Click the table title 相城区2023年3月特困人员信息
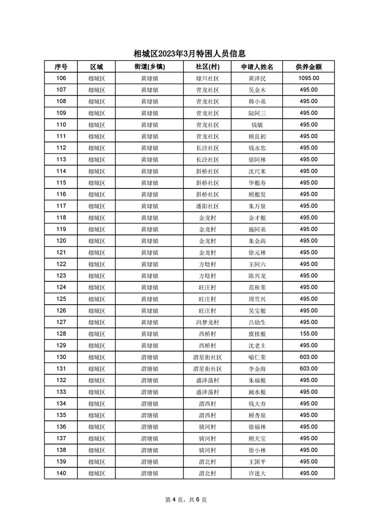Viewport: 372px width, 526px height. pyautogui.click(x=190, y=54)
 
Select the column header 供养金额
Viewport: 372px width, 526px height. pyautogui.click(x=308, y=67)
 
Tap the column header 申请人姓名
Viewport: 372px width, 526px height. pyautogui.click(x=257, y=67)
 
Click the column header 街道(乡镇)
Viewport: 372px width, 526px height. pyautogui.click(x=149, y=67)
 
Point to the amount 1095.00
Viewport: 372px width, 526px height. pyautogui.click(x=308, y=78)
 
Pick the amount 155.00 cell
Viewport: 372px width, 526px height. pyautogui.click(x=308, y=334)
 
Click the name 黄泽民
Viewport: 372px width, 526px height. pyautogui.click(x=257, y=78)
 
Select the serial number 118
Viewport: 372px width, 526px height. pyautogui.click(x=61, y=218)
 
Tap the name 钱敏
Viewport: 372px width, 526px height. pyautogui.click(x=257, y=125)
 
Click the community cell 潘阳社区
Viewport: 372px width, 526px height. pyautogui.click(x=207, y=206)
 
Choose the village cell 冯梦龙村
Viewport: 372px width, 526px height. pyautogui.click(x=207, y=322)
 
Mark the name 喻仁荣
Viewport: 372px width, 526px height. pyautogui.click(x=257, y=357)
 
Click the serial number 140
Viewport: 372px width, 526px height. pyautogui.click(x=61, y=473)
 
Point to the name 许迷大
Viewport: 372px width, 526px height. pyautogui.click(x=257, y=473)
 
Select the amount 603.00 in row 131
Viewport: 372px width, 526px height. pyautogui.click(x=308, y=368)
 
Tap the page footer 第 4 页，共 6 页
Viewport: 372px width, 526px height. pyautogui.click(x=186, y=500)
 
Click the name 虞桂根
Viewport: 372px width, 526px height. pyautogui.click(x=257, y=334)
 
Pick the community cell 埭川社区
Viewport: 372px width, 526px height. pyautogui.click(x=207, y=78)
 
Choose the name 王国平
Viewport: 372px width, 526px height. pyautogui.click(x=257, y=461)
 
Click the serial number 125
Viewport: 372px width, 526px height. pyautogui.click(x=61, y=299)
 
